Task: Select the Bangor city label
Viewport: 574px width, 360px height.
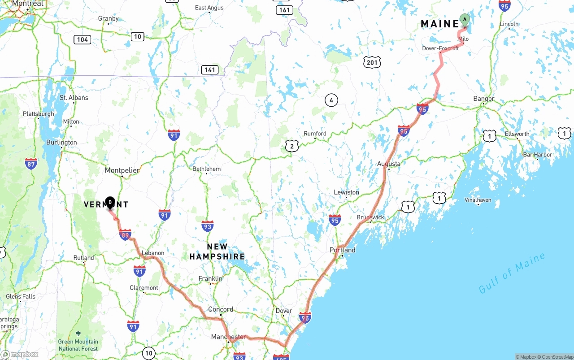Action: [x=484, y=99]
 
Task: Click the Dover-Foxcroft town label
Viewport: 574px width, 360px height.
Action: [x=440, y=48]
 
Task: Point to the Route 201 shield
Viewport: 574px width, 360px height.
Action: [x=372, y=62]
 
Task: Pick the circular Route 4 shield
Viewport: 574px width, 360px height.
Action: [x=331, y=100]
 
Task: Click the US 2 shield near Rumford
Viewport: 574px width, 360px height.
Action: [x=291, y=146]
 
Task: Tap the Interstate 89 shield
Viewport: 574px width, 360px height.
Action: [x=125, y=234]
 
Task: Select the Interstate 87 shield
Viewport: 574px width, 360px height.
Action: [x=31, y=163]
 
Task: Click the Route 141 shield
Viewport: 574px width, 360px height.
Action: [x=209, y=69]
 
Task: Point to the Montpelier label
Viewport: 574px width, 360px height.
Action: [x=122, y=170]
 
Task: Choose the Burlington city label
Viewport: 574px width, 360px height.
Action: [x=61, y=143]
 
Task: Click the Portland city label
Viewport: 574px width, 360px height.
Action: [x=342, y=250]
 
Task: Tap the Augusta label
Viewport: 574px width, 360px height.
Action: [x=388, y=164]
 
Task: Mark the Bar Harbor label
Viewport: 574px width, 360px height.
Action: [x=538, y=155]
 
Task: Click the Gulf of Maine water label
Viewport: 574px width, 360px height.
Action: [x=512, y=273]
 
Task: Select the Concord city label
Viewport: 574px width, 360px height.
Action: [x=221, y=309]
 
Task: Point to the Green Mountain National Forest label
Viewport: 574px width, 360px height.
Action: [x=78, y=345]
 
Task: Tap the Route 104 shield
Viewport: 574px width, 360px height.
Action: [x=83, y=39]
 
